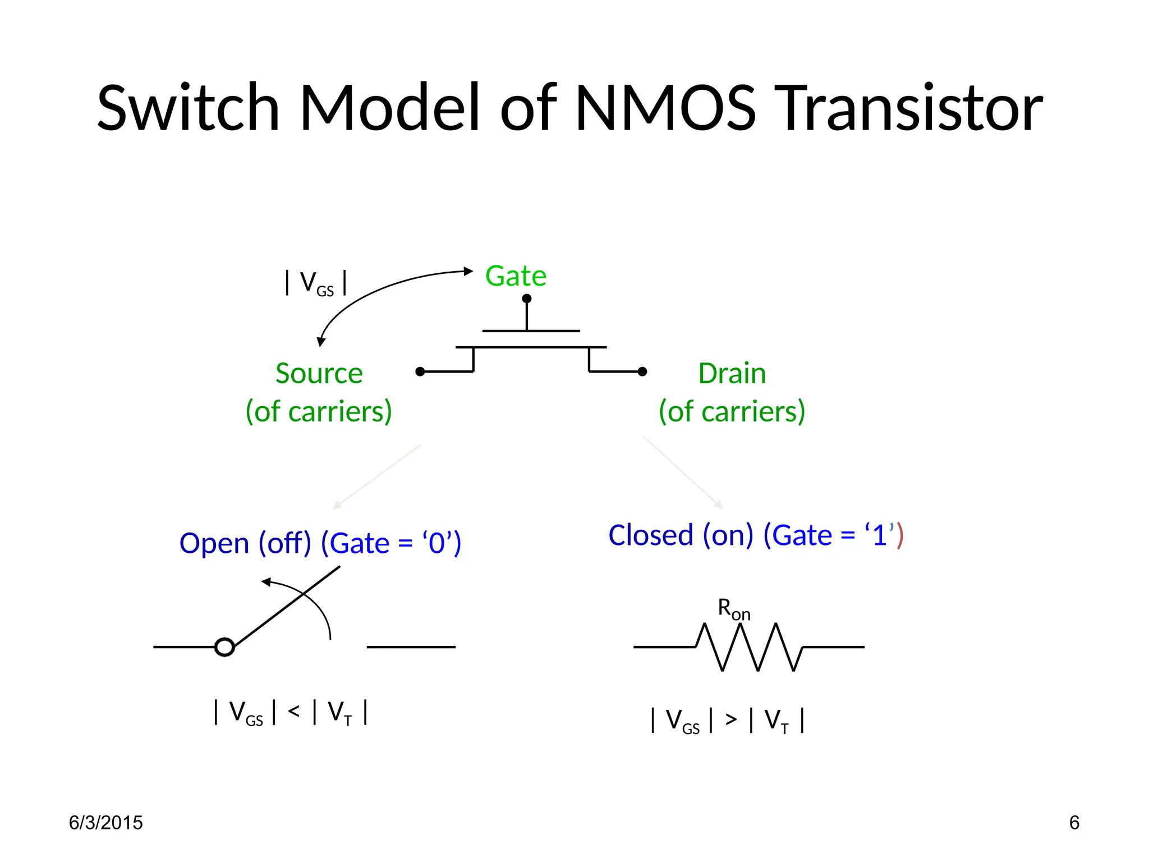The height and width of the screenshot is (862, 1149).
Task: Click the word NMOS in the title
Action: click(x=666, y=108)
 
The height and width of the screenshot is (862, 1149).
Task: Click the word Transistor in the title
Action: click(x=911, y=108)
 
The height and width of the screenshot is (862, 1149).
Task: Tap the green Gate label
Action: click(x=516, y=276)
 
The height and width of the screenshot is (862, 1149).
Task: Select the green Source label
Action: click(x=319, y=374)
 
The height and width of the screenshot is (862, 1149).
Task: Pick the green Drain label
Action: click(x=732, y=374)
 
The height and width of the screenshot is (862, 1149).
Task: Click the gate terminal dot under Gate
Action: click(x=527, y=299)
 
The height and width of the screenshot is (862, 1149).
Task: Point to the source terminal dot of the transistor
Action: click(x=420, y=372)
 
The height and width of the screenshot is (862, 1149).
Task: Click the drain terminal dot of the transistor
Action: click(x=643, y=372)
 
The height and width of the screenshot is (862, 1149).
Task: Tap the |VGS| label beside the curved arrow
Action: click(x=316, y=282)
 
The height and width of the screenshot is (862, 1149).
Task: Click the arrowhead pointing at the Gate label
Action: click(x=468, y=271)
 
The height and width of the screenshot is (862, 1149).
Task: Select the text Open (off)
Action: click(x=245, y=543)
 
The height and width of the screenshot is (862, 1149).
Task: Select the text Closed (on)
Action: click(x=681, y=535)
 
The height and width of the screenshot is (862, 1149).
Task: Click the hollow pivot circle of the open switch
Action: click(x=224, y=647)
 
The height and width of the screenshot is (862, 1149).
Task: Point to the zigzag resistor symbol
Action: click(x=748, y=648)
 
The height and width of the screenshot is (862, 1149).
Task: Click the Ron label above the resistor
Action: click(x=733, y=609)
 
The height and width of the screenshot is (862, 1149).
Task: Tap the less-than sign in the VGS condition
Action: click(x=293, y=712)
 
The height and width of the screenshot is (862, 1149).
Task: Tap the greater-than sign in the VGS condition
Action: click(x=730, y=719)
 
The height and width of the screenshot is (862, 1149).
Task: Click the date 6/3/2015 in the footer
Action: click(x=105, y=823)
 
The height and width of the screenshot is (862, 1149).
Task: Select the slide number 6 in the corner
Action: click(x=1074, y=823)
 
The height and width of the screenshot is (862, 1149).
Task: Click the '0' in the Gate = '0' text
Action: click(x=436, y=544)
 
